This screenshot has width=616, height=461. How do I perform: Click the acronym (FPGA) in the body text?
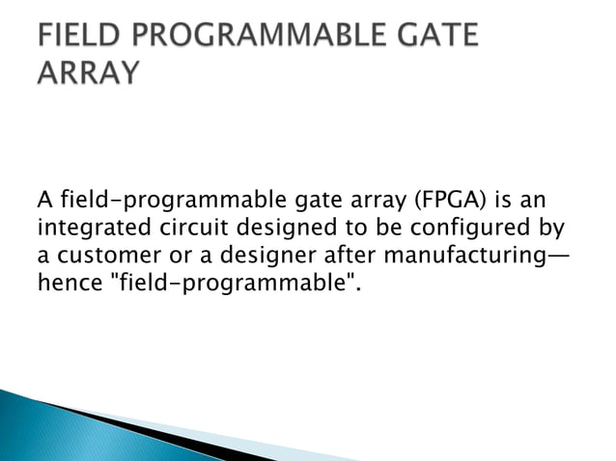(446, 202)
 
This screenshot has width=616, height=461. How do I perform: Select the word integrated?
(89, 230)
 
